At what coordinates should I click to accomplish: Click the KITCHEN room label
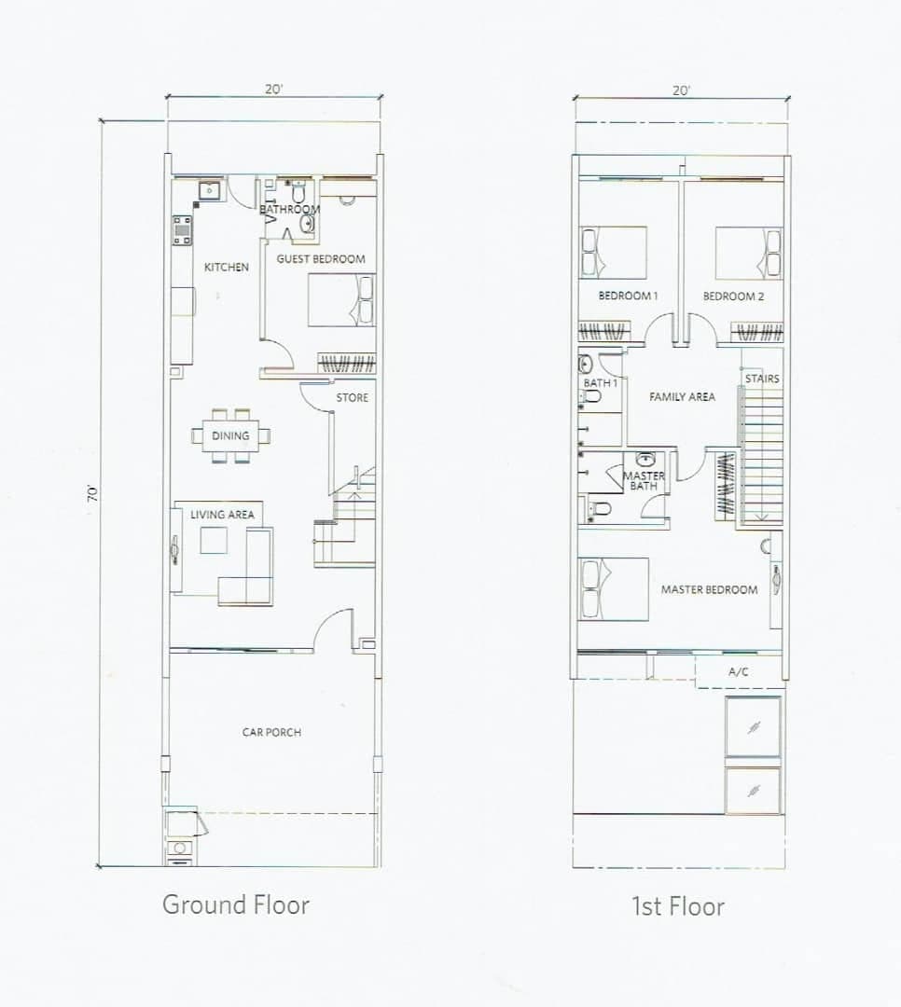click(227, 268)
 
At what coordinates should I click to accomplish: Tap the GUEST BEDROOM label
click(321, 259)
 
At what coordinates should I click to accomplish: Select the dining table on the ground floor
click(230, 435)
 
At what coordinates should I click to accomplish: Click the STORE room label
click(353, 397)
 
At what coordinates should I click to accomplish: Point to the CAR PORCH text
click(271, 732)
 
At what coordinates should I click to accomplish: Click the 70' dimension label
click(92, 492)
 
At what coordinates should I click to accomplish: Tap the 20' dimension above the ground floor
click(274, 90)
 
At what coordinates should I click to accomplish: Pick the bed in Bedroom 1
click(613, 253)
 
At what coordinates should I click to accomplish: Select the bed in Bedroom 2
click(749, 253)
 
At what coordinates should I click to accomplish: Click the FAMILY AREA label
click(682, 397)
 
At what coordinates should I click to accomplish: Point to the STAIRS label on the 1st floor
click(762, 379)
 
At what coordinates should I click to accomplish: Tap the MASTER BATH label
click(644, 481)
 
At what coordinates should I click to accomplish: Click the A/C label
click(739, 671)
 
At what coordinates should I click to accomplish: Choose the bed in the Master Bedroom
click(613, 589)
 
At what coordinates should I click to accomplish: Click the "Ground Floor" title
click(236, 904)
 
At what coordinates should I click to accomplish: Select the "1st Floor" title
click(678, 906)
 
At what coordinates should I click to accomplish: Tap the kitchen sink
click(210, 191)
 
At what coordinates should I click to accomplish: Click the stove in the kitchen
click(182, 230)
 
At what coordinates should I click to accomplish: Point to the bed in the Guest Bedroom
click(341, 300)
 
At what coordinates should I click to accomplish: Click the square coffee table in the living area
click(214, 540)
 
